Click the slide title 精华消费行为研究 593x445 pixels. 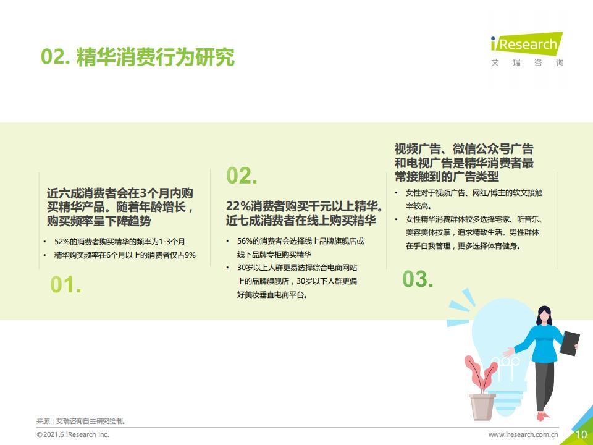[156, 57]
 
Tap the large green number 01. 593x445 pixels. [66, 284]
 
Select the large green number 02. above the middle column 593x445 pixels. [242, 176]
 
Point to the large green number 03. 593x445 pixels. [418, 279]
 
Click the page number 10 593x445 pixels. [581, 434]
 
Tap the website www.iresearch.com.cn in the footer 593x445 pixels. [523, 434]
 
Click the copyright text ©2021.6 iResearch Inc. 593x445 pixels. [73, 434]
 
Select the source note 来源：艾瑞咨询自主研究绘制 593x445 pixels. [81, 421]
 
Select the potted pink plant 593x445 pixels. [481, 388]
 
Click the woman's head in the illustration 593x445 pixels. [544, 315]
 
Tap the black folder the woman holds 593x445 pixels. [570, 343]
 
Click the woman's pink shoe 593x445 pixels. [543, 416]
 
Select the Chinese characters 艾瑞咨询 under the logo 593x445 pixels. [527, 62]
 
